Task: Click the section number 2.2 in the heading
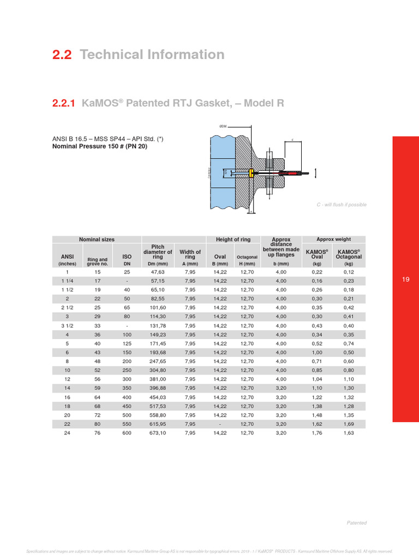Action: click(62, 55)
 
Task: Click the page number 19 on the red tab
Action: click(405, 279)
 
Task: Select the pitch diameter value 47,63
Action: click(157, 272)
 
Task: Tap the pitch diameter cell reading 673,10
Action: click(157, 432)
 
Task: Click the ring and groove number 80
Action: click(97, 424)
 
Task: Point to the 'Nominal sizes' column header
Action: click(97, 239)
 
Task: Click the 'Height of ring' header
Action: click(233, 239)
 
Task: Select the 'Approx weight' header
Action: click(334, 239)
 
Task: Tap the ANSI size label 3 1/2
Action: click(67, 325)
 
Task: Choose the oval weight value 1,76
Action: click(318, 432)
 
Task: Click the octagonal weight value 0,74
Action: click(349, 343)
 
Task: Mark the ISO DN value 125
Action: click(127, 343)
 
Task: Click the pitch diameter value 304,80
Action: click(157, 370)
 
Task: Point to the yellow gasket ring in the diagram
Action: click(250, 173)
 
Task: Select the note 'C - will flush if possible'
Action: click(342, 205)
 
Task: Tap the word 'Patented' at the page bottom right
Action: click(357, 522)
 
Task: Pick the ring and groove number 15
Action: click(97, 272)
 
